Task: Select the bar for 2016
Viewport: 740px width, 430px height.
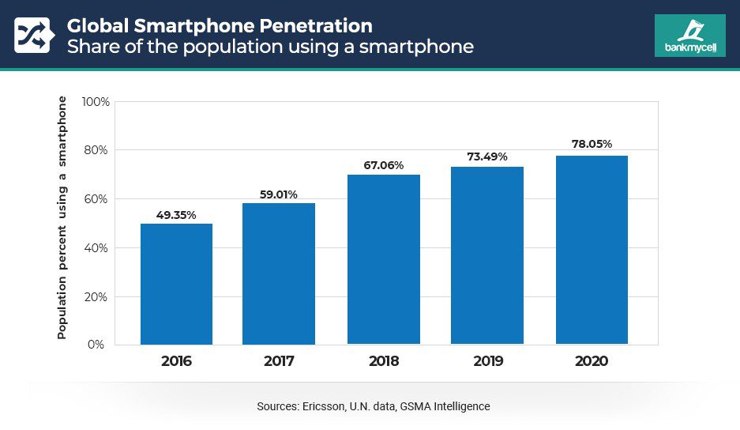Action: click(x=176, y=284)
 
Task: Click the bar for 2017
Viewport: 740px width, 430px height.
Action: click(x=279, y=273)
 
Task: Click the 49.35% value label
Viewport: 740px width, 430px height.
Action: click(x=176, y=214)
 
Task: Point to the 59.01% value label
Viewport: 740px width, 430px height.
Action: click(x=279, y=194)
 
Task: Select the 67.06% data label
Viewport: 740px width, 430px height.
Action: click(x=384, y=165)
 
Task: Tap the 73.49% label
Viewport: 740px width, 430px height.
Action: click(x=487, y=157)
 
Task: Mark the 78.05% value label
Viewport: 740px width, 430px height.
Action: click(x=592, y=145)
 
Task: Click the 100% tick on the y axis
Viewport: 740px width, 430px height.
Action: click(x=96, y=102)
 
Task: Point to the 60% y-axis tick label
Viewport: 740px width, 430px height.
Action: click(x=98, y=199)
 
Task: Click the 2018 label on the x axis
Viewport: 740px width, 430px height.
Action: click(x=384, y=361)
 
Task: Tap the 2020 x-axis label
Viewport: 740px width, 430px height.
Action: click(x=592, y=361)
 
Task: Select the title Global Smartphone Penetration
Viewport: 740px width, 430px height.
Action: click(x=219, y=25)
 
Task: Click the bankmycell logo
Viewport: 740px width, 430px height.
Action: click(x=689, y=36)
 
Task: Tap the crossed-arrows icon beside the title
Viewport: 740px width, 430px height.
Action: click(x=32, y=36)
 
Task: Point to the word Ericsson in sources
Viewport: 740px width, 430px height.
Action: click(x=320, y=406)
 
